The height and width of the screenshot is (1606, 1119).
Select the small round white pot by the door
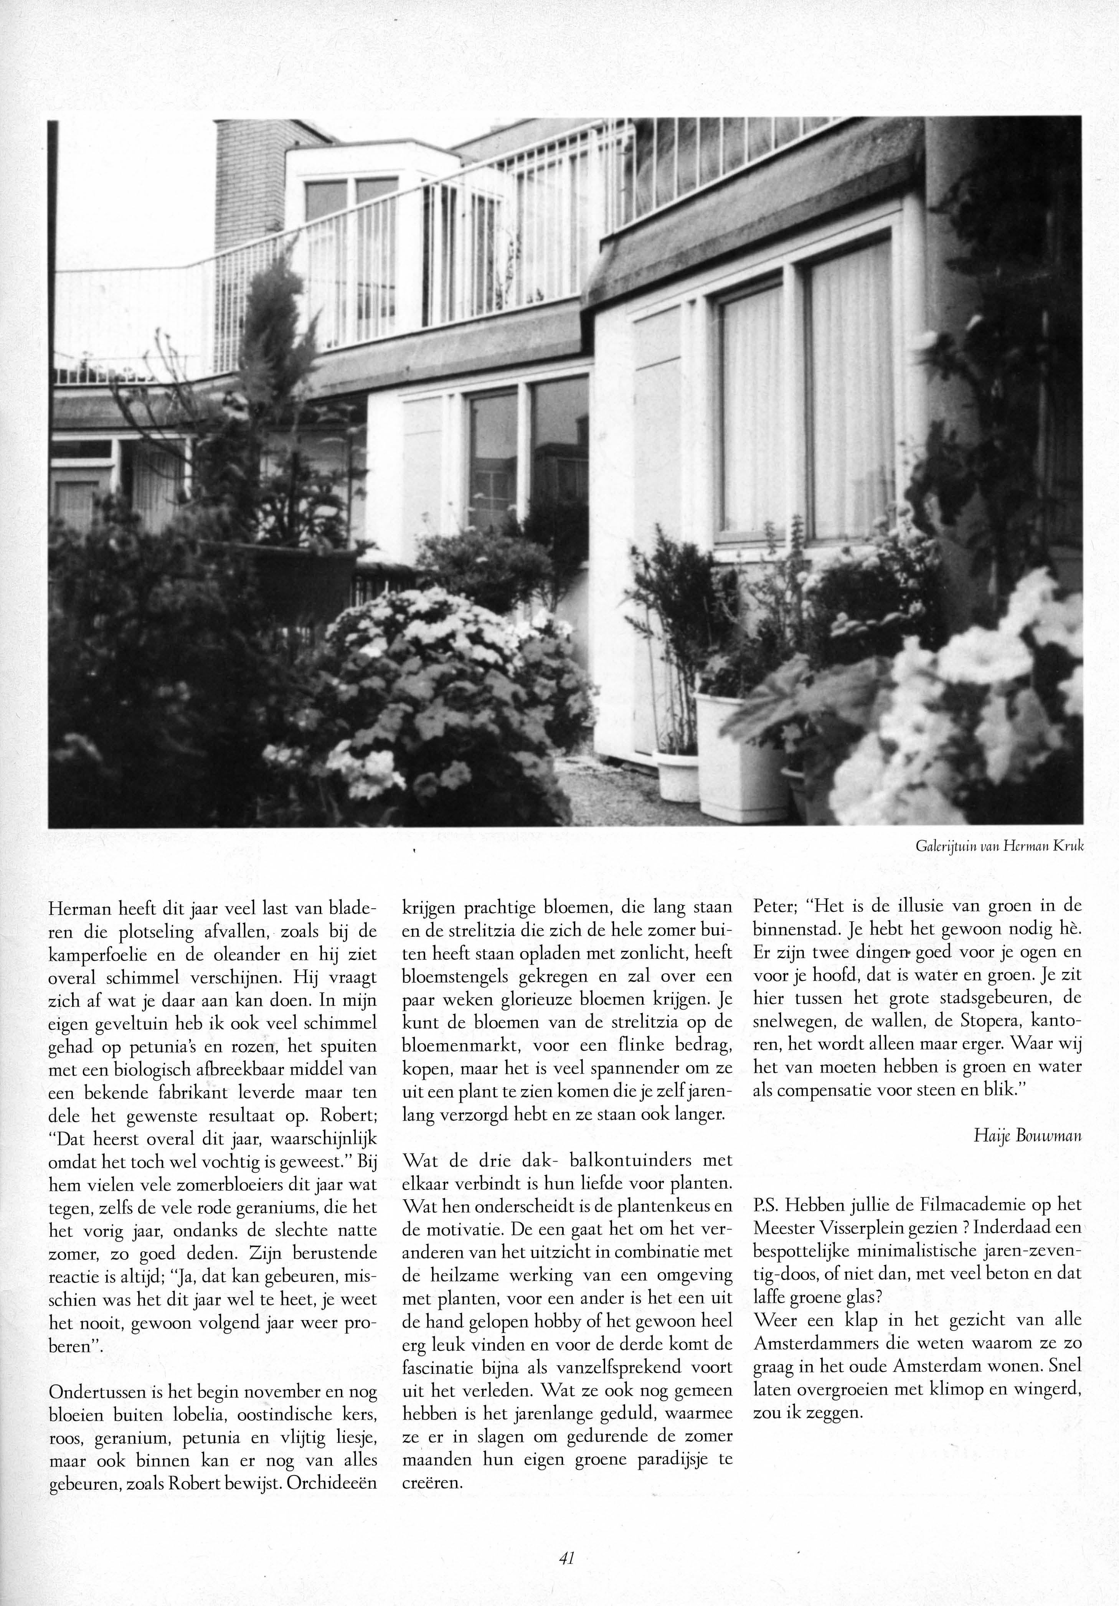point(677,775)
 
